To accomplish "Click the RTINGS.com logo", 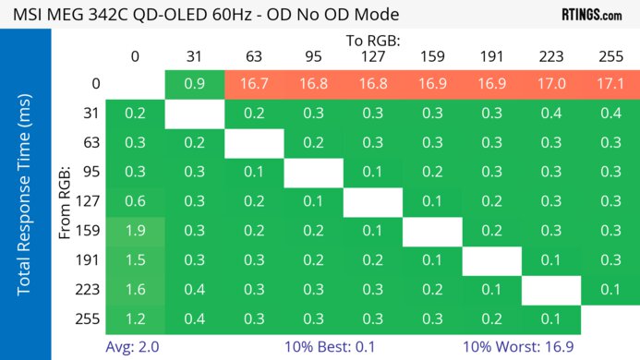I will click(591, 15).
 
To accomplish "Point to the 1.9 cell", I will click(135, 230).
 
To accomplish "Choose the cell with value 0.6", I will click(135, 201).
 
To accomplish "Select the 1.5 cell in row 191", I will click(135, 259).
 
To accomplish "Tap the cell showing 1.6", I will click(135, 289).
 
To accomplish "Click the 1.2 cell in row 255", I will click(135, 318).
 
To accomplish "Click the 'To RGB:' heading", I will click(373, 41).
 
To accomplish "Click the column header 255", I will click(610, 57).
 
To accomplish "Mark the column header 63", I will click(253, 57).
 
